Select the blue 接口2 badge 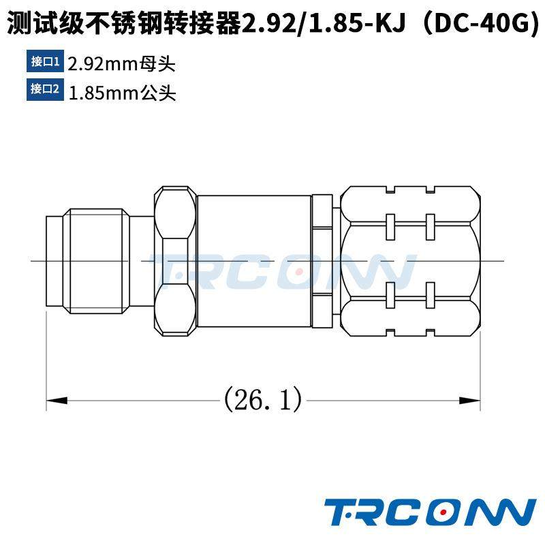tap(46, 90)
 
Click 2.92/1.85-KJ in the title tap(320, 25)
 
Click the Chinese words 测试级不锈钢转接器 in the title tap(123, 25)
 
